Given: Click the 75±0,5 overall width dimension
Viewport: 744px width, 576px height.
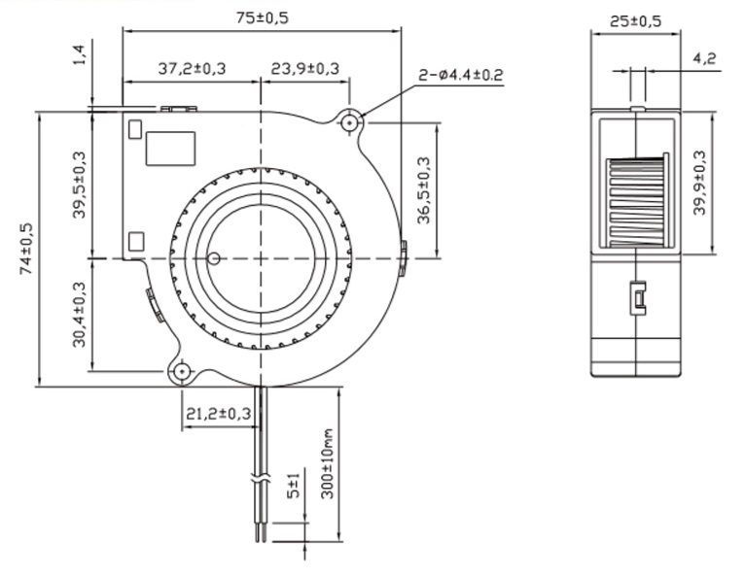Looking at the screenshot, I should click(x=262, y=17).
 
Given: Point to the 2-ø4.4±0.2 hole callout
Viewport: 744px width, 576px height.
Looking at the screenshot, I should click(x=461, y=75).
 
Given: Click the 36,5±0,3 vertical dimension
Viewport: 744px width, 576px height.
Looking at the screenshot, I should click(x=424, y=190).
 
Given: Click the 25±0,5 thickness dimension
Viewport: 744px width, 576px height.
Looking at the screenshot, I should click(x=634, y=19).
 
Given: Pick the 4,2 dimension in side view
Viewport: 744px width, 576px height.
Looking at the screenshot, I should click(x=704, y=59).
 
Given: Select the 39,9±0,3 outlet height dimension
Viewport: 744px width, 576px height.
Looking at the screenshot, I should click(x=700, y=183).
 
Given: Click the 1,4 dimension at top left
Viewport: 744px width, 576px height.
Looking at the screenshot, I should click(x=79, y=54).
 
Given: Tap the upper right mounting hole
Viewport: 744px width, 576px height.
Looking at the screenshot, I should click(x=350, y=122).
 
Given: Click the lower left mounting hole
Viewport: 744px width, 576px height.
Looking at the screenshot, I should click(x=181, y=371).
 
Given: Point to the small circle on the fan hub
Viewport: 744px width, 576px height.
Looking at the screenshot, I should click(x=214, y=258).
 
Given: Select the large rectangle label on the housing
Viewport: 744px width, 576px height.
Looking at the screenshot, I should click(x=170, y=148).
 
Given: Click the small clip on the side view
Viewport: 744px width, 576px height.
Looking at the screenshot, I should click(x=638, y=297).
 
